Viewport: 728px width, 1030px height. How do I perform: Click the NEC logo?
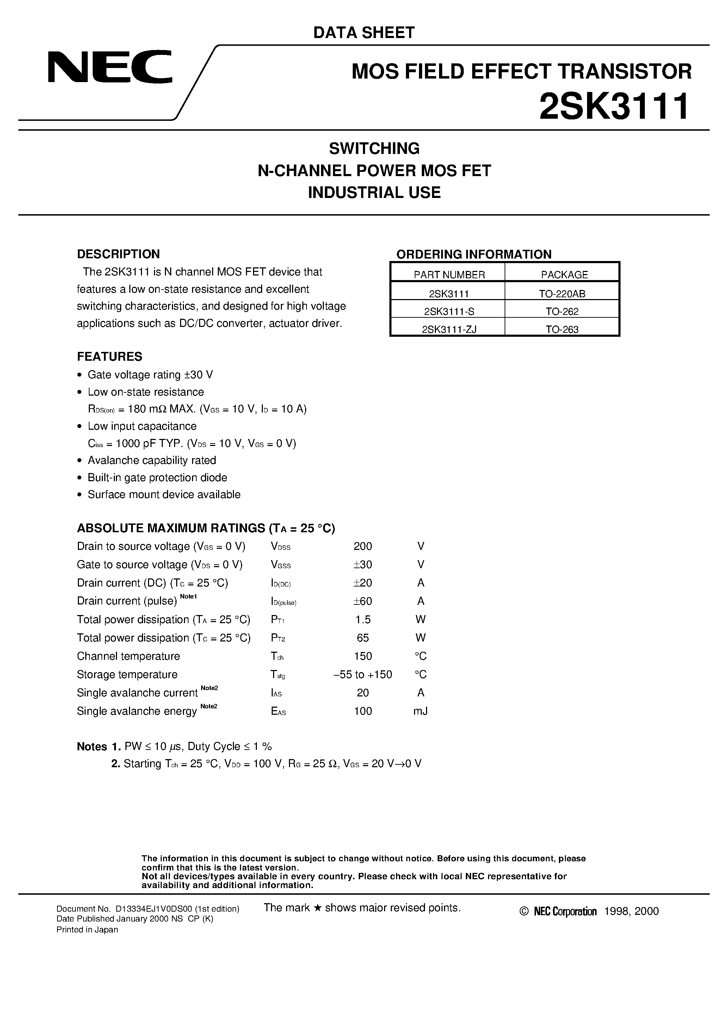coord(110,67)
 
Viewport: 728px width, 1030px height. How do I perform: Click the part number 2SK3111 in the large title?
coord(614,107)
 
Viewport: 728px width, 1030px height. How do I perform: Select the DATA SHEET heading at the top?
coord(364,32)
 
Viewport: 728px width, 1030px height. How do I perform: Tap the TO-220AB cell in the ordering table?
coord(562,294)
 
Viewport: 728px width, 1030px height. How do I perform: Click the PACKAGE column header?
coord(564,274)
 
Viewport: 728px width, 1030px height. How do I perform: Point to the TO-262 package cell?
coord(562,311)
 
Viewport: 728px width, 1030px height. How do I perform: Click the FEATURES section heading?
coord(110,356)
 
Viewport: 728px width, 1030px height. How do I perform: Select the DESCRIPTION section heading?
coord(118,254)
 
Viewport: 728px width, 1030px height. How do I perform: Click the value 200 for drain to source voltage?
coord(363,546)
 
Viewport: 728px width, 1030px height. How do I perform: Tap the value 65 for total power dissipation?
coord(363,638)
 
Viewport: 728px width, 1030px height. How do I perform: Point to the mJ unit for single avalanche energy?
coord(420,711)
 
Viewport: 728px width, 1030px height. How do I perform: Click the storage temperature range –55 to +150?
coord(363,674)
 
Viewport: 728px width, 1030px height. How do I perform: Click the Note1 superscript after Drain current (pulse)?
coord(188,596)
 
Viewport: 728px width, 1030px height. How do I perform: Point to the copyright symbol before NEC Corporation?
coord(524,911)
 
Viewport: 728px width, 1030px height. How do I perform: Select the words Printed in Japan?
coord(87,930)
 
